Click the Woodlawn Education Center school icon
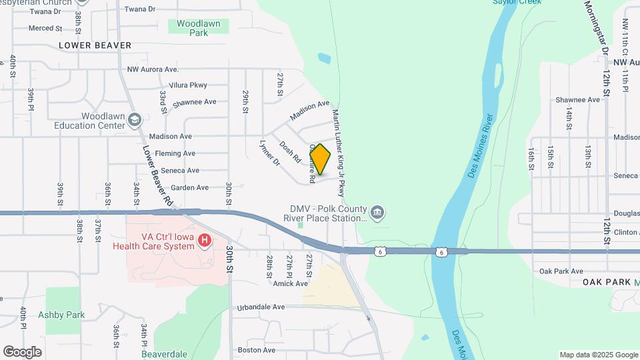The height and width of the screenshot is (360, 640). (x=135, y=120)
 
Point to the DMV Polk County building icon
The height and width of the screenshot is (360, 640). (x=377, y=213)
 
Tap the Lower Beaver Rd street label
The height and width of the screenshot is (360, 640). (x=159, y=175)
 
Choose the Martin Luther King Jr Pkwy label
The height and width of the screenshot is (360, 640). (x=340, y=153)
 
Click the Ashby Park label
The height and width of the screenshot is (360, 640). (x=61, y=315)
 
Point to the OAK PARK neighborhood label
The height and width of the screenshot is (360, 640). (x=606, y=282)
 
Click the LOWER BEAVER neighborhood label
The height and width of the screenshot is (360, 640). (x=93, y=45)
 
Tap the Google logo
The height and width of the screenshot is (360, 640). (x=22, y=351)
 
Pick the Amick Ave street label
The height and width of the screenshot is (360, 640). (x=290, y=283)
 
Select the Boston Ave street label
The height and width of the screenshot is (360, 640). (x=257, y=350)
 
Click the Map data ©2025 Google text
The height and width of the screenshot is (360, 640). (x=599, y=355)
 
